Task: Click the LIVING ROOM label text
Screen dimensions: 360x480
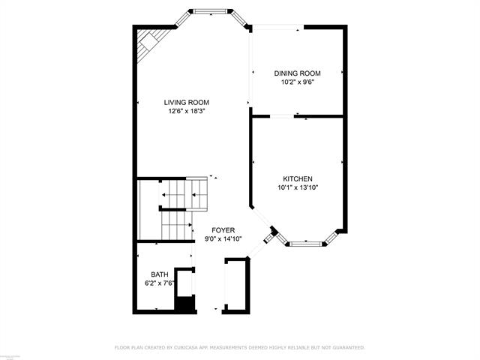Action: click(x=187, y=102)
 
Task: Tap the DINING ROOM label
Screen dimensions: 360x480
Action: click(x=297, y=73)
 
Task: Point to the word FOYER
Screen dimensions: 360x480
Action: click(x=223, y=230)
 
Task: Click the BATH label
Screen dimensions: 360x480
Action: click(x=159, y=274)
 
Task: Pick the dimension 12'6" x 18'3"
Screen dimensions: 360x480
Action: click(x=187, y=111)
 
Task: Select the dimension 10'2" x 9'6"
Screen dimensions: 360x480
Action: click(x=297, y=82)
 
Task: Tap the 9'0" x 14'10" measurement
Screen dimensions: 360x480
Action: click(x=223, y=239)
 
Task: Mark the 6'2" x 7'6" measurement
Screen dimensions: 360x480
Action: click(x=159, y=283)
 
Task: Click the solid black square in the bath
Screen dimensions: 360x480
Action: click(x=184, y=304)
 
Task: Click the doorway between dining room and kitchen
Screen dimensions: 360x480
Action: click(x=282, y=116)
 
